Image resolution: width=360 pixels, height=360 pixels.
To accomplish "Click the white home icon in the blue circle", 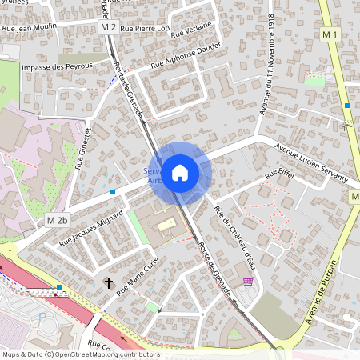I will point(180,171).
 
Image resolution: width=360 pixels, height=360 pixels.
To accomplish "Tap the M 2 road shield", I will point(109,27).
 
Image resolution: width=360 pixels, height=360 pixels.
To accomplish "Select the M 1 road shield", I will point(330,34).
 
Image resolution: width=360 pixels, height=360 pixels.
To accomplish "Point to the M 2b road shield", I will point(58,220).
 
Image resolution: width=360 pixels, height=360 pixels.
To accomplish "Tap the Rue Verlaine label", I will point(193,29).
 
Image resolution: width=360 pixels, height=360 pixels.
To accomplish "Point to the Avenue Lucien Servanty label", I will point(311,161).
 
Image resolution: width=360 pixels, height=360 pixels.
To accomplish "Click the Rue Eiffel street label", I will point(280,174).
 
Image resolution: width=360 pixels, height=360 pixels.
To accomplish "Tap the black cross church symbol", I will point(109,282).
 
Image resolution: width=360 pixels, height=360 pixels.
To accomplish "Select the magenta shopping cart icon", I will point(248,282).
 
